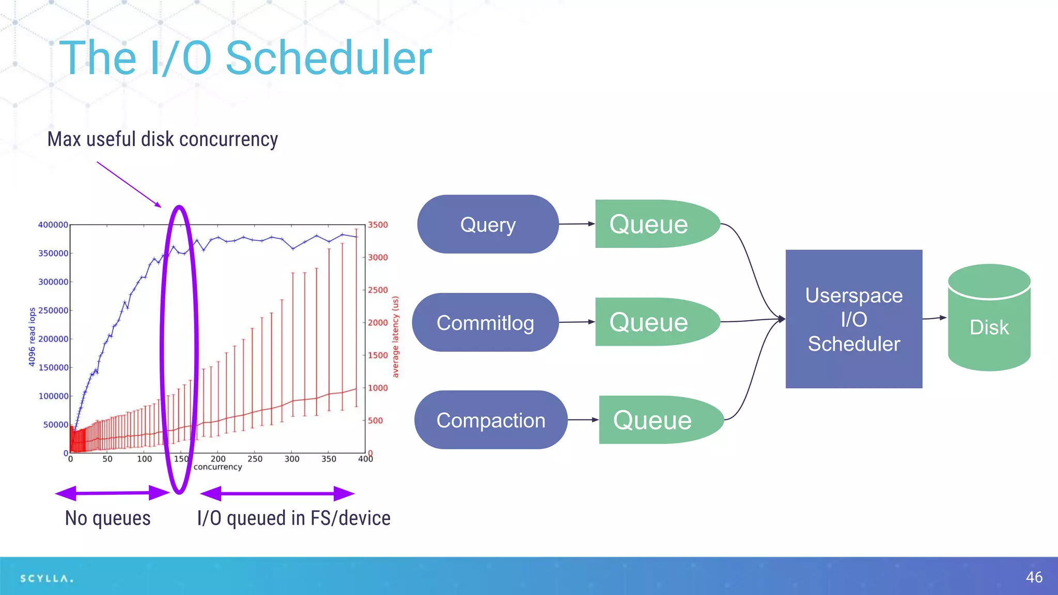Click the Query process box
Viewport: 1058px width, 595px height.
click(488, 224)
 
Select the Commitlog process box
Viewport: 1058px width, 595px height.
click(485, 322)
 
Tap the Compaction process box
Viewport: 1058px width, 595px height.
click(490, 420)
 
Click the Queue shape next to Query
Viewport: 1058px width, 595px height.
click(651, 224)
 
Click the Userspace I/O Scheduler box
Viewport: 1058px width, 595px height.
click(853, 319)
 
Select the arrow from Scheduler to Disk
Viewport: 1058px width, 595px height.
click(934, 318)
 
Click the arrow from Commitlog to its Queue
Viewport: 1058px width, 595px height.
click(577, 322)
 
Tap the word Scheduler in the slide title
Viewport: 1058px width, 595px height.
click(329, 58)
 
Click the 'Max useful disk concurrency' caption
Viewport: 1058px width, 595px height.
click(162, 139)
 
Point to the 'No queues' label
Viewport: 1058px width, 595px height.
click(107, 518)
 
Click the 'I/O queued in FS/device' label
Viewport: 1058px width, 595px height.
click(293, 518)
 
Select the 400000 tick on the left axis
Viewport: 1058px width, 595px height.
click(53, 225)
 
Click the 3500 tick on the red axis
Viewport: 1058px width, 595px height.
click(378, 225)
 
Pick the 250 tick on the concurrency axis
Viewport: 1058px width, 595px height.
click(255, 459)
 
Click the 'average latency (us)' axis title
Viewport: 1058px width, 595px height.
click(395, 337)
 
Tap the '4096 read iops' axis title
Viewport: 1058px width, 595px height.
click(32, 337)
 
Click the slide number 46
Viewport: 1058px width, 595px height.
click(1034, 577)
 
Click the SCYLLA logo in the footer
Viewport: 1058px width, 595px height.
click(46, 578)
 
